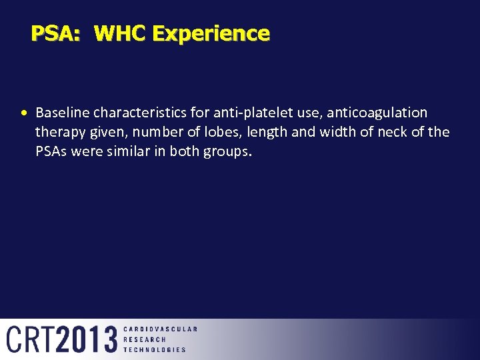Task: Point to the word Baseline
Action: click(63, 112)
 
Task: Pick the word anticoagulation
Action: click(377, 112)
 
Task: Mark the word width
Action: click(338, 132)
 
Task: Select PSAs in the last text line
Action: click(51, 151)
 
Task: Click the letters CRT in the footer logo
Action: click(30, 339)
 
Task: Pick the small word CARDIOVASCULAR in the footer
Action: click(160, 329)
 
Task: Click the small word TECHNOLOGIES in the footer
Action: click(155, 349)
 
